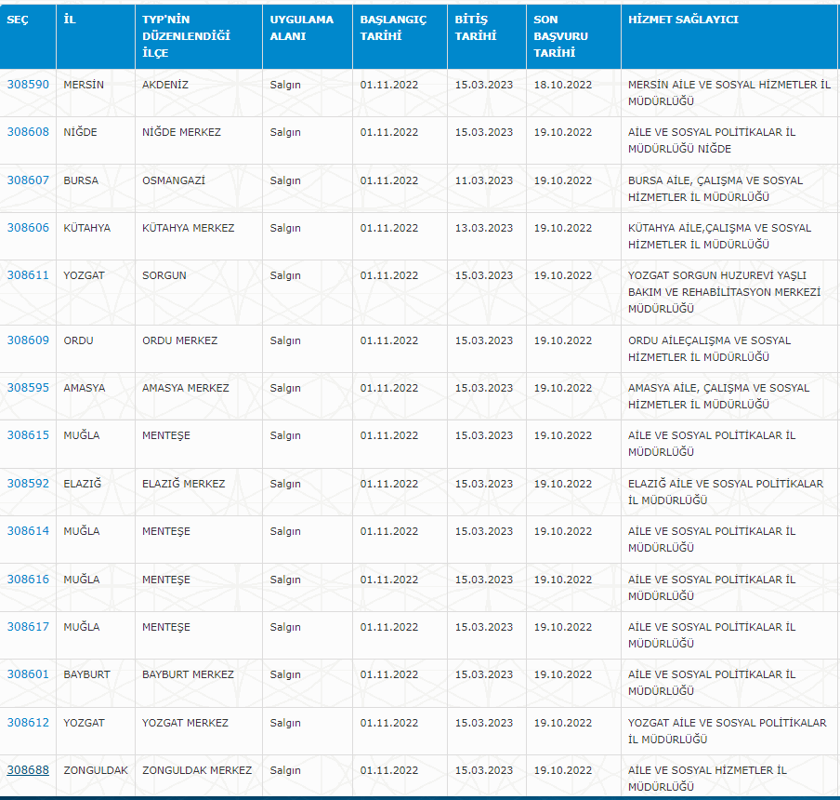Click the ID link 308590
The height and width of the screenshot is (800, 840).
(x=28, y=85)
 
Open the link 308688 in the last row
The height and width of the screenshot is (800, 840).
(x=28, y=770)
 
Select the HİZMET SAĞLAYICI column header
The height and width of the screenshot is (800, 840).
(x=683, y=20)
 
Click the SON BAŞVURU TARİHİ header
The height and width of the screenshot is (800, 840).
(x=560, y=36)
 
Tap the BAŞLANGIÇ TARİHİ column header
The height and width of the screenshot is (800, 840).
(x=393, y=28)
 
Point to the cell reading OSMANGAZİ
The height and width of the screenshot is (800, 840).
(x=174, y=180)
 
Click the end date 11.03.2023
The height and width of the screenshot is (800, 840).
(x=484, y=180)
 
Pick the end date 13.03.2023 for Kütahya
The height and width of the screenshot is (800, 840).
(x=484, y=228)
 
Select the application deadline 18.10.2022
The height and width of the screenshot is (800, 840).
(x=562, y=85)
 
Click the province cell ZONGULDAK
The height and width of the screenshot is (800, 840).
(x=96, y=770)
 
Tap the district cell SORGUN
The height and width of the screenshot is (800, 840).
(x=164, y=275)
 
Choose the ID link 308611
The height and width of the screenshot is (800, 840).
(x=28, y=275)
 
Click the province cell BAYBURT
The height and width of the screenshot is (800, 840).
(x=86, y=674)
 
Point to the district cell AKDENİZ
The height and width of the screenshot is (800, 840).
(x=165, y=85)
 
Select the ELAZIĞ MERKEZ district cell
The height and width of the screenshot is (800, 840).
(x=183, y=484)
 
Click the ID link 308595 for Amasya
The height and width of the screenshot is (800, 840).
(x=28, y=388)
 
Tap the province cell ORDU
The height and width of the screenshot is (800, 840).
(x=78, y=340)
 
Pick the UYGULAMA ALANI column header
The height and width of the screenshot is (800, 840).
(x=301, y=28)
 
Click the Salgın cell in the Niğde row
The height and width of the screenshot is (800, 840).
(x=285, y=132)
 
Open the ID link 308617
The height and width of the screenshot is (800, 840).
(x=28, y=627)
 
